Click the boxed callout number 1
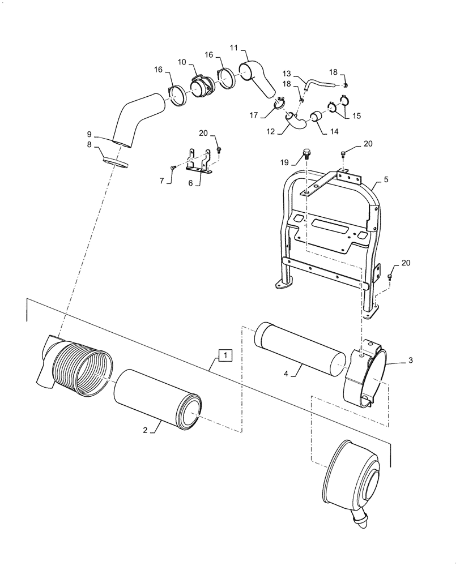225,355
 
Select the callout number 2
145,430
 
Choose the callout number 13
287,74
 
